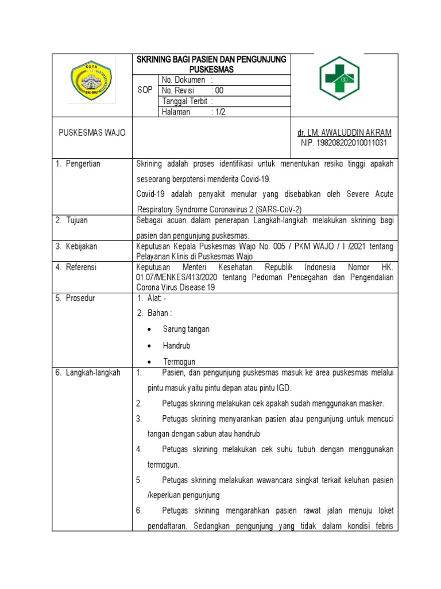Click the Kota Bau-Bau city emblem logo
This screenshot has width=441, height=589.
(92, 83)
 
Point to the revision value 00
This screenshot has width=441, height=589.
(219, 91)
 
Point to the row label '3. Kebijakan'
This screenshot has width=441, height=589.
(76, 246)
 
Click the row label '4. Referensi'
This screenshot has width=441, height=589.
(76, 267)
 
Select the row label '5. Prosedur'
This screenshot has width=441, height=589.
(76, 299)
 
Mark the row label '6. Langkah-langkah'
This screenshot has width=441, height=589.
(88, 373)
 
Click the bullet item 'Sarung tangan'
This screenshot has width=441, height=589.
(186, 330)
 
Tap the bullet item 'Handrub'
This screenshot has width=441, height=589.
(176, 346)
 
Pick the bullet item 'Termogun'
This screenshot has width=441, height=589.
(179, 362)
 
